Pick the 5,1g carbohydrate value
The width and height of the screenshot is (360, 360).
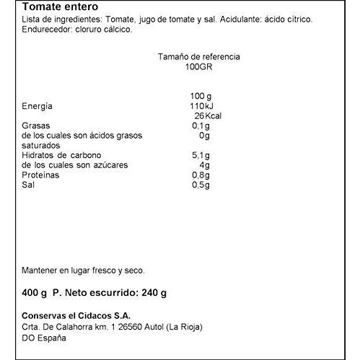(x=201, y=155)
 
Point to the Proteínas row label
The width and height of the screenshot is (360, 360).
(x=41, y=175)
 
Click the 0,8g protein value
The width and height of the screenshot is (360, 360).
(x=201, y=175)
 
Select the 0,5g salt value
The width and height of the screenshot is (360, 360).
(x=201, y=185)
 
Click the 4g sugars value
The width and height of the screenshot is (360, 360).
(x=204, y=165)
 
